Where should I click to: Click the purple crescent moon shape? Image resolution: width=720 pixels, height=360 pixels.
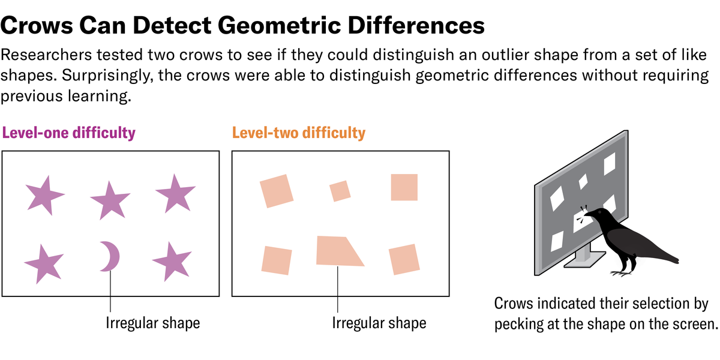tap(111, 257)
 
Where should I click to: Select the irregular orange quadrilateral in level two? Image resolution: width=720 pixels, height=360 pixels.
tap(337, 251)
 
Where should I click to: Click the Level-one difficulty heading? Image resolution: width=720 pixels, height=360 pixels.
tap(69, 133)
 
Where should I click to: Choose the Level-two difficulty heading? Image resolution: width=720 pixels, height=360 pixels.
tap(298, 133)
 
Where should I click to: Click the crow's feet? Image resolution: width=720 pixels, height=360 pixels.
tap(623, 274)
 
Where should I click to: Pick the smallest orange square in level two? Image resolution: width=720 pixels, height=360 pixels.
tap(340, 191)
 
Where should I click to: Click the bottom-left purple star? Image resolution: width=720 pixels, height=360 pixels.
tap(43, 262)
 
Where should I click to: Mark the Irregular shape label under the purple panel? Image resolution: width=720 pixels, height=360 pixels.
tap(152, 323)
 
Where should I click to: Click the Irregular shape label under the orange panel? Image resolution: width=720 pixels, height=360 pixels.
tap(379, 323)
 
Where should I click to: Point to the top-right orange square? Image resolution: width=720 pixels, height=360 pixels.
tap(404, 187)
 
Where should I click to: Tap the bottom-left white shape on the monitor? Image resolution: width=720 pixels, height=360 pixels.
tap(558, 239)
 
